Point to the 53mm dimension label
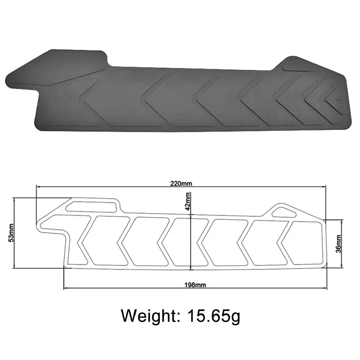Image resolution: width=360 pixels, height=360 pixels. [11, 232]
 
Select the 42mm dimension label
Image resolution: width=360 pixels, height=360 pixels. [188, 201]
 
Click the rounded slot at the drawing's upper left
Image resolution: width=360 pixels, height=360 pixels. [92, 206]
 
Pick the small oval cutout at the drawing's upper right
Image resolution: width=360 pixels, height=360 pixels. [284, 212]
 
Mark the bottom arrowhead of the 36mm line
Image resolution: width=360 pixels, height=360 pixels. [342, 265]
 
